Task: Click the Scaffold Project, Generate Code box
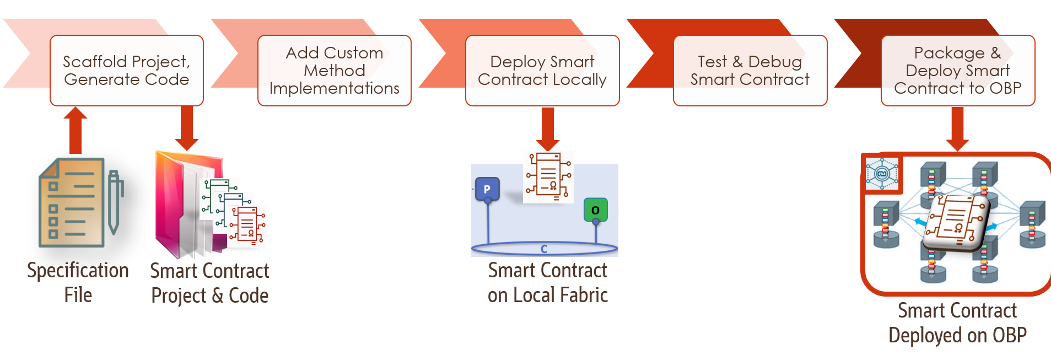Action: tap(126, 71)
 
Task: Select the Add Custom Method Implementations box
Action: tap(334, 71)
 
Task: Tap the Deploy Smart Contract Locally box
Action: tap(542, 71)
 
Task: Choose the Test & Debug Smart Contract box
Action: tap(750, 71)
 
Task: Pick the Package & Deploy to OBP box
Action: tap(957, 71)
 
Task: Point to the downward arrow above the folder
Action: tap(186, 128)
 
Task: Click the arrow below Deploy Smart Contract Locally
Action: tap(547, 128)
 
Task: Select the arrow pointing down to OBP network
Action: tap(957, 128)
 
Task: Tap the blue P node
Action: tap(487, 189)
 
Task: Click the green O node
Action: tap(595, 210)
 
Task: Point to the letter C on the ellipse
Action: tap(544, 249)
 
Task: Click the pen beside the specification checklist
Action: tap(114, 201)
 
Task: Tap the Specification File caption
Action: tap(78, 282)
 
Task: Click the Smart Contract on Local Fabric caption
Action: tap(547, 282)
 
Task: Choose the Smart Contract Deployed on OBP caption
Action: tap(957, 323)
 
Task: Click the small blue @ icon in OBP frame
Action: tap(881, 174)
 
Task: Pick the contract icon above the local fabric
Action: tap(548, 177)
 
